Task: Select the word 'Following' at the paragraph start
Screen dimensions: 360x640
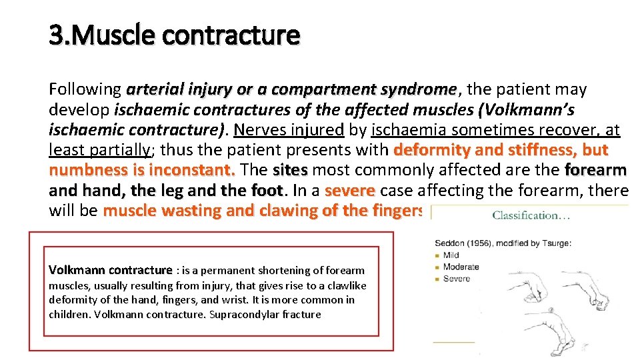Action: coord(85,89)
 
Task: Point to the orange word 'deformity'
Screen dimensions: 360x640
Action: coord(433,149)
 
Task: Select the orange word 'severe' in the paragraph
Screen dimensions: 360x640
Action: coord(349,190)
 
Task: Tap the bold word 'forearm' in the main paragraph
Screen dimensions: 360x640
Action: coord(595,169)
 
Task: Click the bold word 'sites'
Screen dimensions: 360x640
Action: coord(290,169)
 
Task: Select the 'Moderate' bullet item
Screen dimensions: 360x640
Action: coord(461,267)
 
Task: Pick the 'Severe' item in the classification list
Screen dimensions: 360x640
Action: coord(457,278)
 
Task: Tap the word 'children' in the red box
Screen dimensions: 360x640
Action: coord(69,314)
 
